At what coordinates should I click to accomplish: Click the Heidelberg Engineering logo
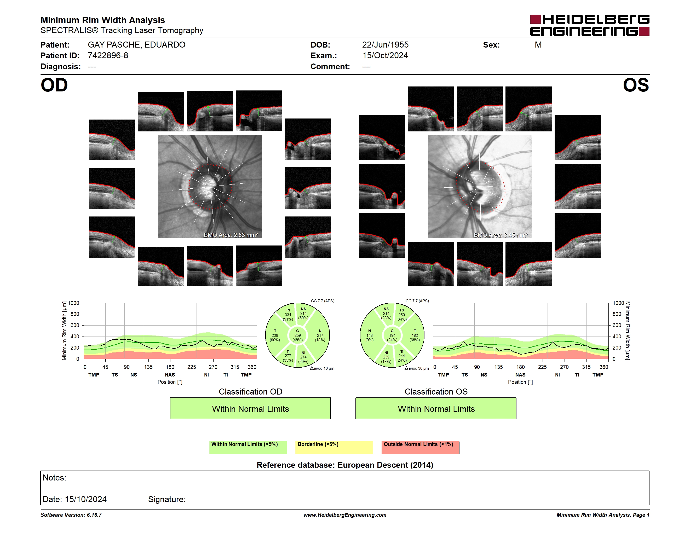pyautogui.click(x=590, y=25)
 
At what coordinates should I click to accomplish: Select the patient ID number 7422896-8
pyautogui.click(x=108, y=56)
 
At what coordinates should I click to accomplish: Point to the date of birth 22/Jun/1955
pyautogui.click(x=385, y=45)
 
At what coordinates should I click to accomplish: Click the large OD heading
pyautogui.click(x=54, y=85)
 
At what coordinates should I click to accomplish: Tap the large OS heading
pyautogui.click(x=636, y=85)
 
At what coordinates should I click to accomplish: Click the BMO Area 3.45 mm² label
pyautogui.click(x=501, y=235)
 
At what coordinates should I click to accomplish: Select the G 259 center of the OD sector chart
pyautogui.click(x=297, y=335)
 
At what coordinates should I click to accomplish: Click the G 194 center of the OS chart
pyautogui.click(x=392, y=335)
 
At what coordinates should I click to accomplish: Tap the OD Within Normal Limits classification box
pyautogui.click(x=250, y=409)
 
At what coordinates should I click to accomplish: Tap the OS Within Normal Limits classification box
pyautogui.click(x=436, y=409)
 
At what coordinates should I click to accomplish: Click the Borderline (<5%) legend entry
pyautogui.click(x=334, y=447)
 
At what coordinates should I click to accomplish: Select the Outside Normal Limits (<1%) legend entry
pyautogui.click(x=420, y=447)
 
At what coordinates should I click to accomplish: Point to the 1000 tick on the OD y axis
pyautogui.click(x=73, y=303)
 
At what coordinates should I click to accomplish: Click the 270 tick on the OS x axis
pyautogui.click(x=564, y=367)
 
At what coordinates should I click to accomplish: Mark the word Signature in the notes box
pyautogui.click(x=167, y=500)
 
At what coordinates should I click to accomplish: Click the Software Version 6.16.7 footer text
pyautogui.click(x=71, y=515)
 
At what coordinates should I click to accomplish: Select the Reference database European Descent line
pyautogui.click(x=345, y=465)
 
